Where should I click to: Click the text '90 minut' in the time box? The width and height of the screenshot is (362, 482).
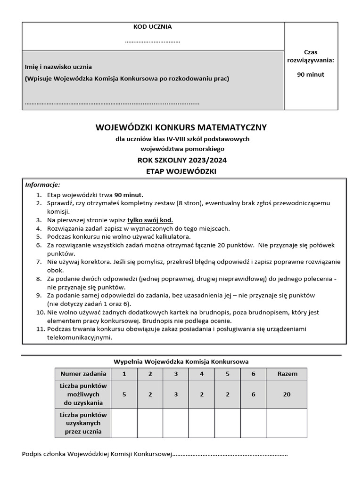click(311, 74)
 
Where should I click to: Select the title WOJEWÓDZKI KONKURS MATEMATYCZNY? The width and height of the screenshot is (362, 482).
click(181, 128)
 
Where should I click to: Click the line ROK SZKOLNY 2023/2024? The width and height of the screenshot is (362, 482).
click(181, 160)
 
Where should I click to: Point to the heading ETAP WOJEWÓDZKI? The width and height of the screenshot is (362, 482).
click(181, 171)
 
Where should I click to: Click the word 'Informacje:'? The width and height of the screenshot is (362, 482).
click(42, 185)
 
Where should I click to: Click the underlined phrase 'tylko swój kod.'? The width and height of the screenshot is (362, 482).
click(150, 220)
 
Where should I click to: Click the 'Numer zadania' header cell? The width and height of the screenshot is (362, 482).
click(83, 374)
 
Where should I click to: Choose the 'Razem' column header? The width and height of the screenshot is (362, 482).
click(287, 374)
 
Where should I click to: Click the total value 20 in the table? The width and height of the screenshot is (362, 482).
click(287, 394)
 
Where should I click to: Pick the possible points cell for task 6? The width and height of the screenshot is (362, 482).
click(253, 394)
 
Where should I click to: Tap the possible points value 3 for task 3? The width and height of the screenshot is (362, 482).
click(176, 394)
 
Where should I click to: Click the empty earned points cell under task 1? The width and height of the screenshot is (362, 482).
click(124, 423)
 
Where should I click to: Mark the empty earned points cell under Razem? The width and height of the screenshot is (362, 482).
click(287, 423)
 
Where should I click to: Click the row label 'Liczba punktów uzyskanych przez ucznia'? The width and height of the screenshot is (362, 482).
click(83, 423)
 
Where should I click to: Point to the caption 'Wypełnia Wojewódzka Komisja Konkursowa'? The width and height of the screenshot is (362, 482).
click(181, 361)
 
